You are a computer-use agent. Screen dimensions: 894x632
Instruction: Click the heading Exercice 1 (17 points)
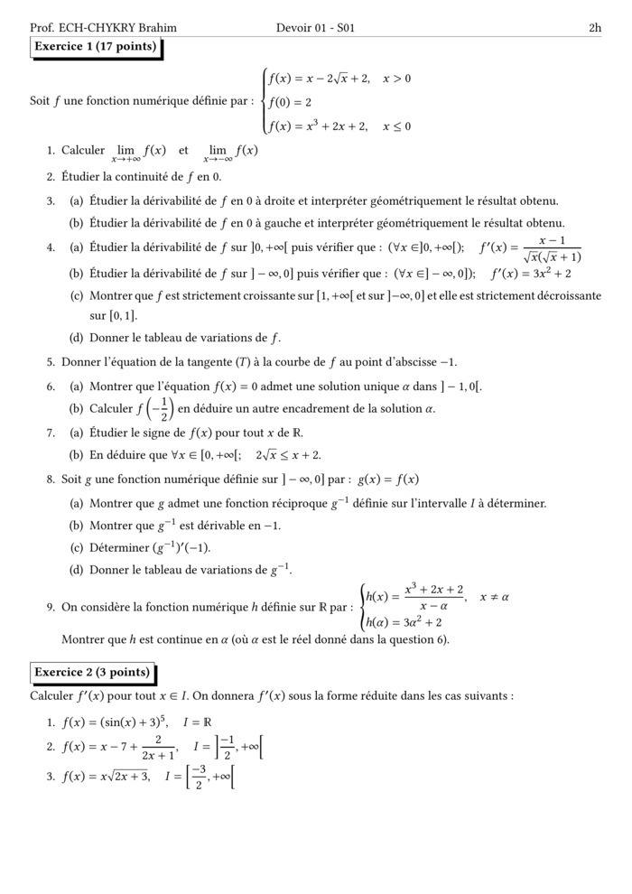(x=95, y=47)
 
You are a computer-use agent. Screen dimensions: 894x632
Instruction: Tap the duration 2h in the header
(x=594, y=28)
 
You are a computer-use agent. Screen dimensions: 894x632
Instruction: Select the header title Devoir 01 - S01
(x=316, y=28)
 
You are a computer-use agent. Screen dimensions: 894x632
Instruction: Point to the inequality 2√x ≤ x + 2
(x=288, y=456)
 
